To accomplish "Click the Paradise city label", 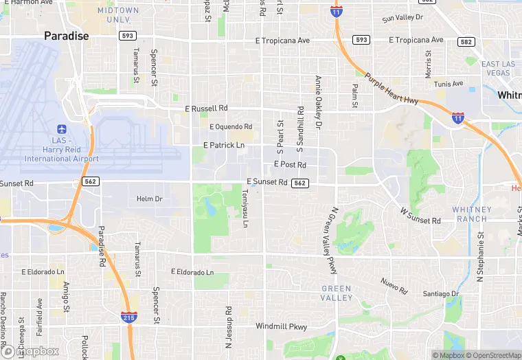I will point(67,36).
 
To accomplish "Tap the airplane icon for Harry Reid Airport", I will point(62,129).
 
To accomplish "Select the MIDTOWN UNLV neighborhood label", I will point(118,15).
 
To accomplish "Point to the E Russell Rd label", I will point(206,109).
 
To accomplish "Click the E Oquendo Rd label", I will point(231,126).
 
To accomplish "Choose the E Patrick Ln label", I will point(224,145).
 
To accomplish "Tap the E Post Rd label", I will point(290,164).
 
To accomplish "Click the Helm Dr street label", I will point(149,199).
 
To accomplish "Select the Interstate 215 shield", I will point(128,317).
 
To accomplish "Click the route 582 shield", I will point(467,42).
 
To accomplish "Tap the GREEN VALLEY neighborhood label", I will point(337,293).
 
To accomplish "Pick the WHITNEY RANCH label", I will point(472,214).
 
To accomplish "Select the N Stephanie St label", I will point(481,254).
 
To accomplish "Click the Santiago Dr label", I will point(441,293).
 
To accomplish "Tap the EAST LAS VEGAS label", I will point(498,69).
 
